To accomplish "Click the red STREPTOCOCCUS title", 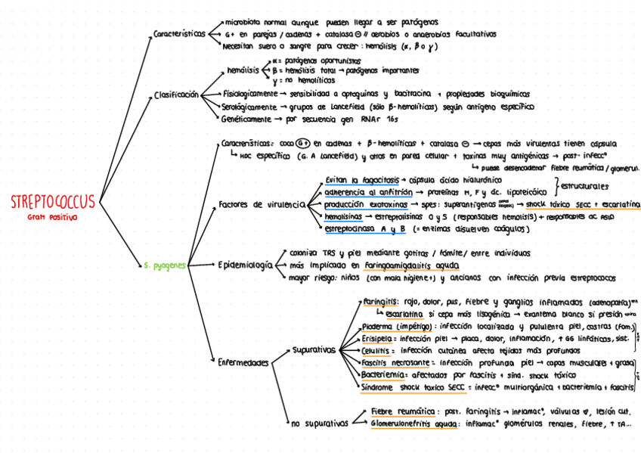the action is pos(53,202).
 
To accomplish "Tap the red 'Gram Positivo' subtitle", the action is pos(53,217).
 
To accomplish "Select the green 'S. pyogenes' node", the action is pos(165,265).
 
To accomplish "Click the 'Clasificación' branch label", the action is pos(176,95).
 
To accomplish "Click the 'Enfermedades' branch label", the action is pos(243,363).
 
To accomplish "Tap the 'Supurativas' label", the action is pos(314,350).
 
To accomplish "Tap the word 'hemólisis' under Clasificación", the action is pos(242,70).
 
